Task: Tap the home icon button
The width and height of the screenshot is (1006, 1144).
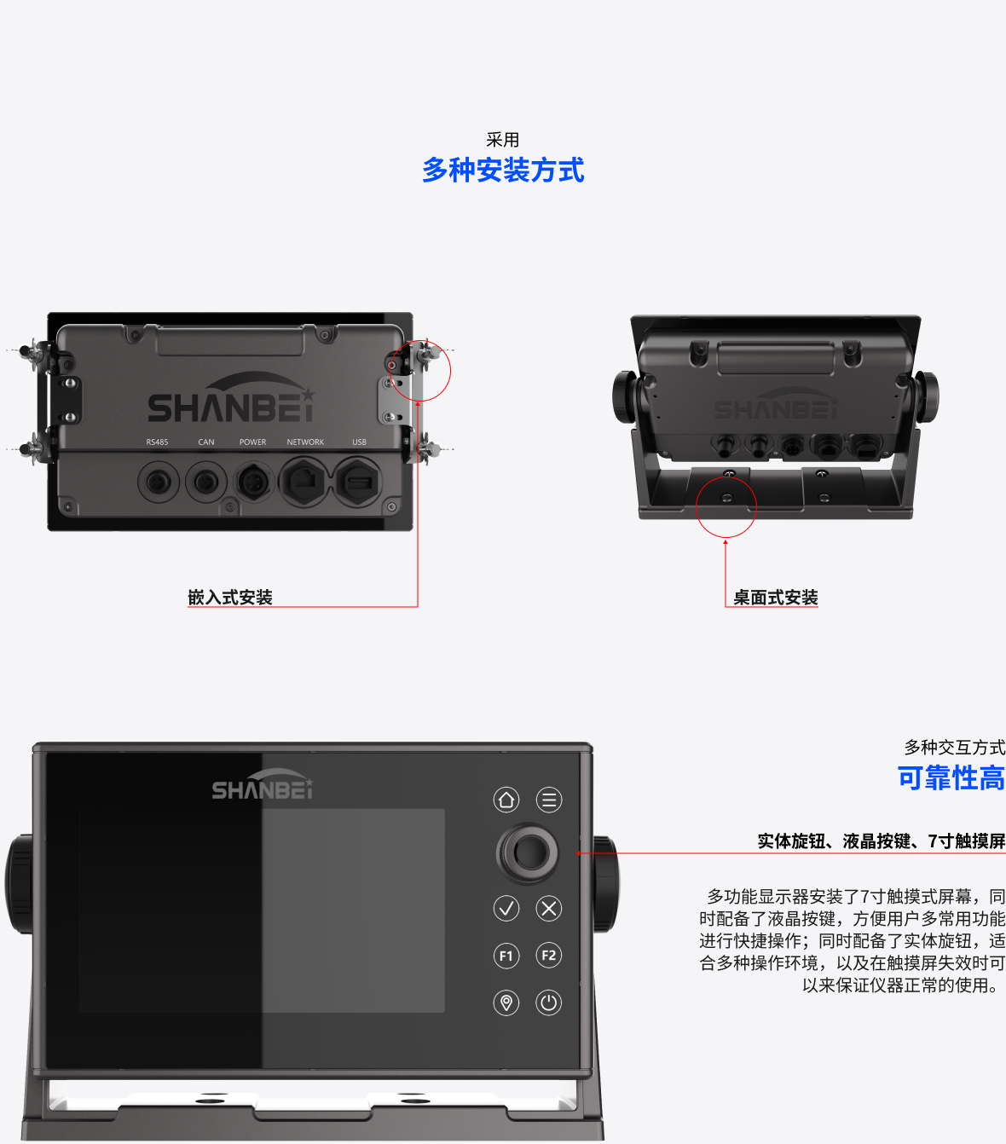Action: [x=506, y=800]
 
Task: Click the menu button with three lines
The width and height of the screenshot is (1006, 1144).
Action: [x=548, y=800]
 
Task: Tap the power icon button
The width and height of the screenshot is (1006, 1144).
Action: [x=548, y=1002]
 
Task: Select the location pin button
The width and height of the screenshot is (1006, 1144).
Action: [x=506, y=1002]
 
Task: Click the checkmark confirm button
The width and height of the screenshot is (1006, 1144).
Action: [x=506, y=909]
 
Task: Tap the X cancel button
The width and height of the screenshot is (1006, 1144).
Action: [x=548, y=909]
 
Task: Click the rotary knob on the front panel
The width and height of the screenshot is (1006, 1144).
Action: [x=528, y=852]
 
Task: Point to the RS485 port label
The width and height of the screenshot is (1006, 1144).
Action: [x=157, y=442]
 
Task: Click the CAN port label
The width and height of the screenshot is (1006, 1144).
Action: [x=206, y=442]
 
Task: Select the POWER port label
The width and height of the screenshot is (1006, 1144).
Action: [x=252, y=442]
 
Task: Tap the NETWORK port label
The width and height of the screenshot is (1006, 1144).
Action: [x=305, y=442]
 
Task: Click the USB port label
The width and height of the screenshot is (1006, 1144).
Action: [x=359, y=442]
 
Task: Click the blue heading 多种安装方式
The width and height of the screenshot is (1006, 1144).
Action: [x=503, y=170]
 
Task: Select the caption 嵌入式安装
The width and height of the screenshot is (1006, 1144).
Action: [x=230, y=597]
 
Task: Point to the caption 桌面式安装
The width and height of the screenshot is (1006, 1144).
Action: [x=776, y=597]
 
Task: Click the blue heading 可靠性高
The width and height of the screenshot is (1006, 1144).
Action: [x=951, y=778]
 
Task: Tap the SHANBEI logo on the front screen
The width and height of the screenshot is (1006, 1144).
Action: [x=263, y=785]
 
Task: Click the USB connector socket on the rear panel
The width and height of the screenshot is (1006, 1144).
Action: [x=358, y=482]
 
